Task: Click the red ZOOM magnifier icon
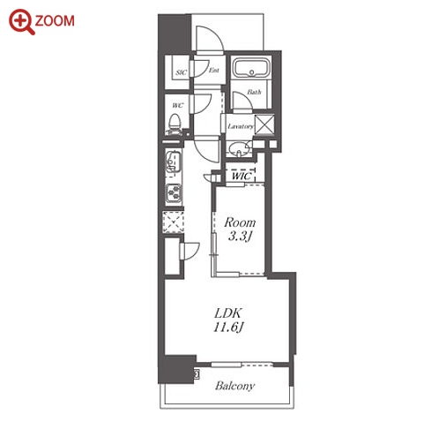coord(21,22)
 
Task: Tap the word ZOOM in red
coord(55,21)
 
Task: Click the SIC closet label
coord(181,72)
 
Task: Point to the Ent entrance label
coord(214,70)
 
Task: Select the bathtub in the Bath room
coord(251,68)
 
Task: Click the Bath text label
coord(254,92)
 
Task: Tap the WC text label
coord(178,105)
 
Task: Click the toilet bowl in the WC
coord(175,124)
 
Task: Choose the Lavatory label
coord(241,126)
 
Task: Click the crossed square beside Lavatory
coord(264,124)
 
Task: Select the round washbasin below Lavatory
coord(239,149)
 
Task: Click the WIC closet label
coord(242,176)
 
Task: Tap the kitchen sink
coord(173,162)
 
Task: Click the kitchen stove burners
coord(174,193)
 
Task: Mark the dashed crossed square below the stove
coord(174,222)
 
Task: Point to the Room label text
coord(240,222)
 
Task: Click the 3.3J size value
coord(241,236)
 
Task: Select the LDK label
coord(228,313)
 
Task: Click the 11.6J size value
coord(228,328)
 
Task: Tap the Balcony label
coord(234,386)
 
